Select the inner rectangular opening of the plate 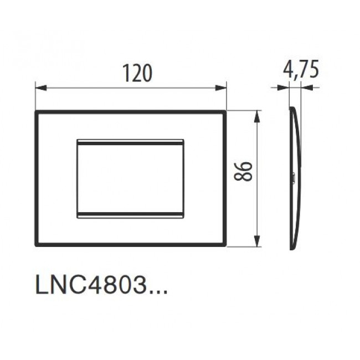131,178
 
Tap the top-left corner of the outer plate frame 36,112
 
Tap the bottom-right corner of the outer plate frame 225,245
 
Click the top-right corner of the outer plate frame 225,112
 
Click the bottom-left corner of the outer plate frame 36,245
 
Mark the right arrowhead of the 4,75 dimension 303,86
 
